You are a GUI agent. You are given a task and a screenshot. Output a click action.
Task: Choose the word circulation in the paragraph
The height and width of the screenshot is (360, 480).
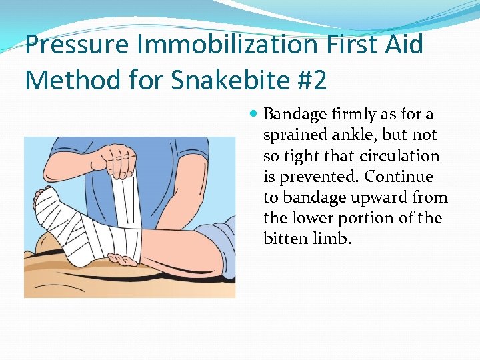pyautogui.click(x=400, y=156)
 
